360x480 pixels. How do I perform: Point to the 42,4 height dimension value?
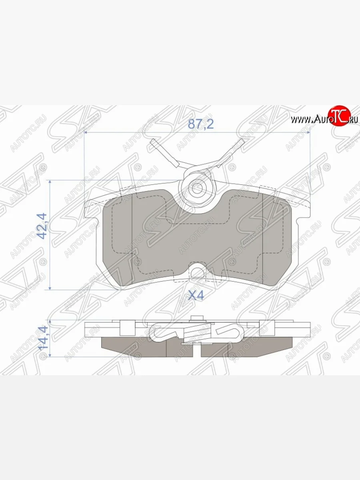42,226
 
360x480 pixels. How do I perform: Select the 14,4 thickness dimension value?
42,338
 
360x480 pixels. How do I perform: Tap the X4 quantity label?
196,296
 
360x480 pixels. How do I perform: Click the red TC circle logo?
339,116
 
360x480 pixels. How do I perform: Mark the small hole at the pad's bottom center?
196,273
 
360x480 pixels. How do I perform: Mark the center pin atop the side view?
196,318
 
